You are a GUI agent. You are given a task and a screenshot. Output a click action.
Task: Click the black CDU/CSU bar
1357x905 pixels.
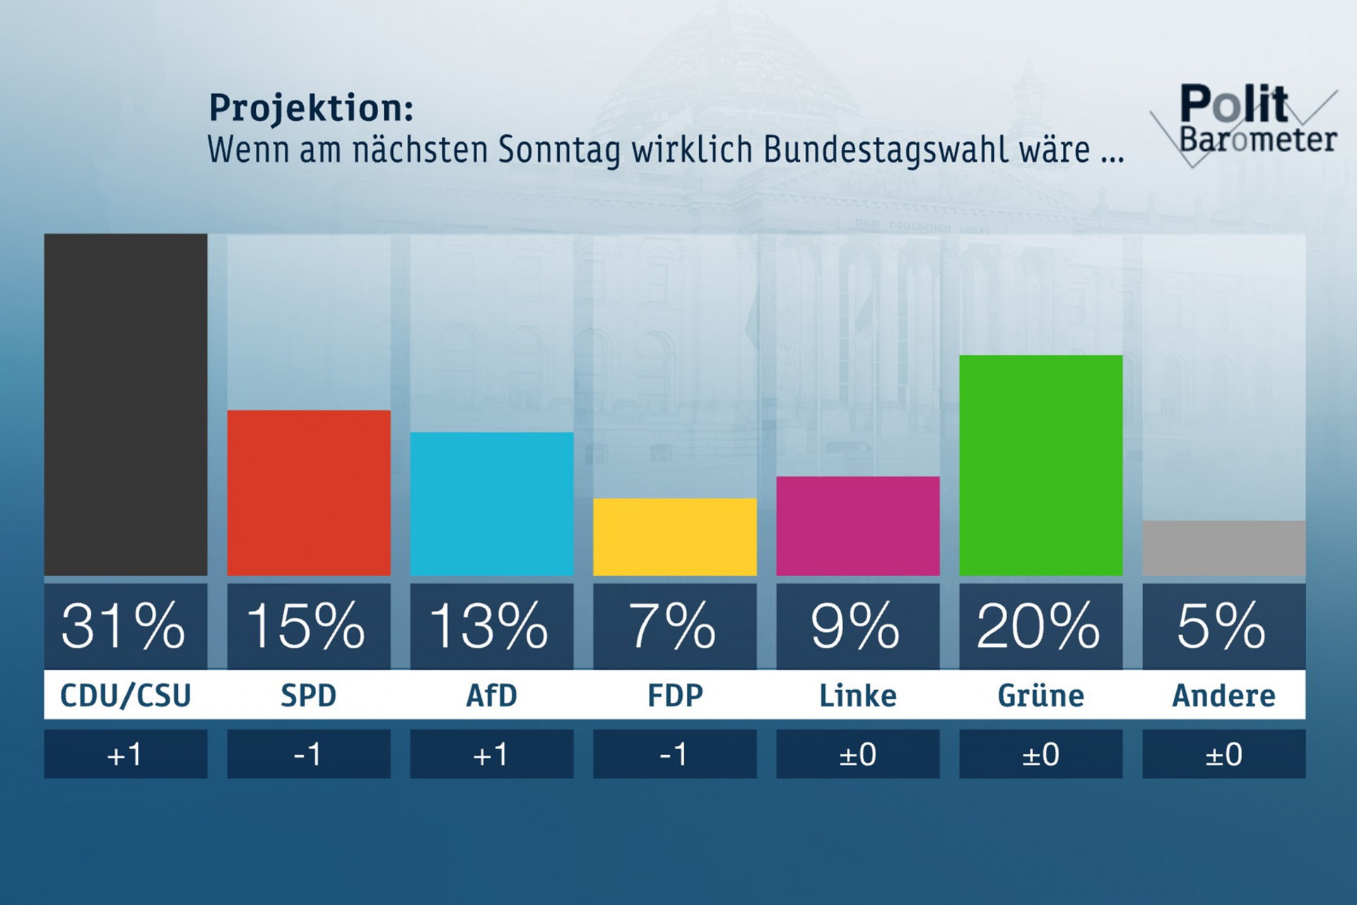[126, 404]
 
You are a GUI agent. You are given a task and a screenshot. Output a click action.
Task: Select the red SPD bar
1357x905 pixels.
[309, 493]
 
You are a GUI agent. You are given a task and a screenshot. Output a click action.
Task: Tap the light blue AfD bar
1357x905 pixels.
[492, 503]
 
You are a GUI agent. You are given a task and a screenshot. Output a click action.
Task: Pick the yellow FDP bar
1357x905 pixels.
[675, 537]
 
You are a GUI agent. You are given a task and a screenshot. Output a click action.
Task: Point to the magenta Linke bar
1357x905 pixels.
[858, 526]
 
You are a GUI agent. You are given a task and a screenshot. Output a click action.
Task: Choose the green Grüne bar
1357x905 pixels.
[1041, 465]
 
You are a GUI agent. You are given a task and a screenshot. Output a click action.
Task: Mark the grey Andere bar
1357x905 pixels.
[1224, 548]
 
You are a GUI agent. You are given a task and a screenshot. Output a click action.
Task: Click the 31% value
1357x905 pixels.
[124, 626]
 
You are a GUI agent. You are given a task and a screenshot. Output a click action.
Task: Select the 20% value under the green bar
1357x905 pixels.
[1039, 626]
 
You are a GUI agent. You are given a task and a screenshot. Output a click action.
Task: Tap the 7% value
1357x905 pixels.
[673, 626]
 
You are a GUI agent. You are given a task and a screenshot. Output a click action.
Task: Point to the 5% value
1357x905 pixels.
[1222, 626]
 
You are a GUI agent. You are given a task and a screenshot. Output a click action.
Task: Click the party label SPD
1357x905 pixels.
[309, 696]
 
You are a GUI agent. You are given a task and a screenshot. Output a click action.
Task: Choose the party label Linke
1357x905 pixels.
[858, 696]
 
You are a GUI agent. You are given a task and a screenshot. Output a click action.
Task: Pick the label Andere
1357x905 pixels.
[1224, 696]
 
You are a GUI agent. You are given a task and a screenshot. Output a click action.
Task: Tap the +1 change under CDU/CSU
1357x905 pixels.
[125, 755]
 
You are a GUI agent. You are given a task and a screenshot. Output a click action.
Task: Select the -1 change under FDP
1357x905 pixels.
[674, 755]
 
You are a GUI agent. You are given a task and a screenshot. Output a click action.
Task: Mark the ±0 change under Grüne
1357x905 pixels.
[1041, 755]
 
